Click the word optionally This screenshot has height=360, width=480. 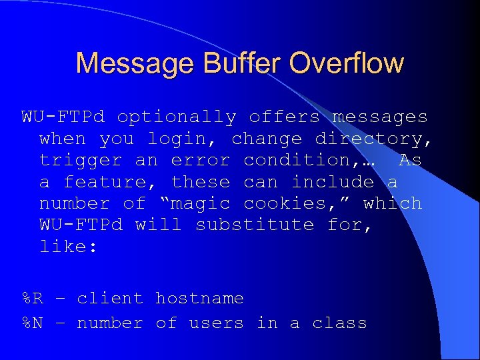[x=177, y=117]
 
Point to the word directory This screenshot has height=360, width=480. [x=373, y=139]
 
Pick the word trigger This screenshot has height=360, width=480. [x=81, y=161]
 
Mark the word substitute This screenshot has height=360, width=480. [x=255, y=225]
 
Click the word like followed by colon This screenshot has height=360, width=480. [x=69, y=247]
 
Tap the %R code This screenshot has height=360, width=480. [x=33, y=299]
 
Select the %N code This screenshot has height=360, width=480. [x=33, y=323]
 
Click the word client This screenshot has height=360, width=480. [x=110, y=299]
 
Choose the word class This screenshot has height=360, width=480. [x=339, y=323]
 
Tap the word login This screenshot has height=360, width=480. [x=183, y=139]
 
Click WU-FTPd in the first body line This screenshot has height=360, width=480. [x=63, y=117]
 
